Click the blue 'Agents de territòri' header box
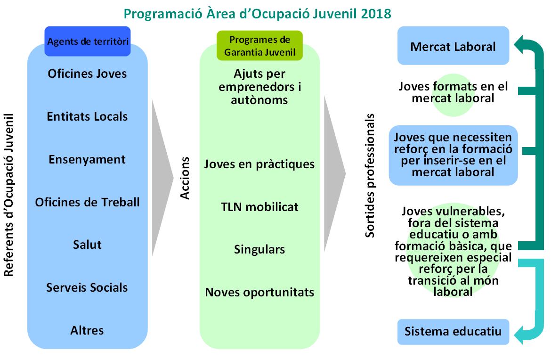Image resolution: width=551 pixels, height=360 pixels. pyautogui.click(x=88, y=41)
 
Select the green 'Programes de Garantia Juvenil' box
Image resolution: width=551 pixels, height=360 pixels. pyautogui.click(x=259, y=46)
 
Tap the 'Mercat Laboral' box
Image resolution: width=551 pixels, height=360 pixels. pyautogui.click(x=454, y=46)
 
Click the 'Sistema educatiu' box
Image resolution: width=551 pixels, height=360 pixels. pyautogui.click(x=454, y=332)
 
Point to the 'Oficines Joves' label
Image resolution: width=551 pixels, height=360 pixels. pyautogui.click(x=87, y=74)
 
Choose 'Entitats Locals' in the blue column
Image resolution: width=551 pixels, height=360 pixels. pyautogui.click(x=87, y=116)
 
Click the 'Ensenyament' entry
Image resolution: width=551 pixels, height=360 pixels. pyautogui.click(x=87, y=159)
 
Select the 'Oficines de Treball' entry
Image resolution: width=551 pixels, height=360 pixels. pyautogui.click(x=87, y=202)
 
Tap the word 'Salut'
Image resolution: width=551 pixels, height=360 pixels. pyautogui.click(x=87, y=245)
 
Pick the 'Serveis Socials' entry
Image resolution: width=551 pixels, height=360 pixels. pyautogui.click(x=87, y=287)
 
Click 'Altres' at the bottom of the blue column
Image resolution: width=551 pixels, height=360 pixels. pyautogui.click(x=87, y=330)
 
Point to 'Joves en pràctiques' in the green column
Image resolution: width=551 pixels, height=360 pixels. pyautogui.click(x=259, y=164)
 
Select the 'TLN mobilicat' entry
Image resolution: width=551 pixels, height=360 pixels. pyautogui.click(x=259, y=207)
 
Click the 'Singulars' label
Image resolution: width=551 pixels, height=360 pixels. pyautogui.click(x=259, y=250)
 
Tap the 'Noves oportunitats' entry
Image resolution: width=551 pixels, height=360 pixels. pyautogui.click(x=259, y=293)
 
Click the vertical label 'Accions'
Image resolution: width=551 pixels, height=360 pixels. pyautogui.click(x=185, y=178)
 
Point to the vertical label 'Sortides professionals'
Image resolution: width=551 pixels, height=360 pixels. pyautogui.click(x=370, y=176)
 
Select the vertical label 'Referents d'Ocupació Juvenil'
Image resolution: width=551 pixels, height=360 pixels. pyautogui.click(x=8, y=195)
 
